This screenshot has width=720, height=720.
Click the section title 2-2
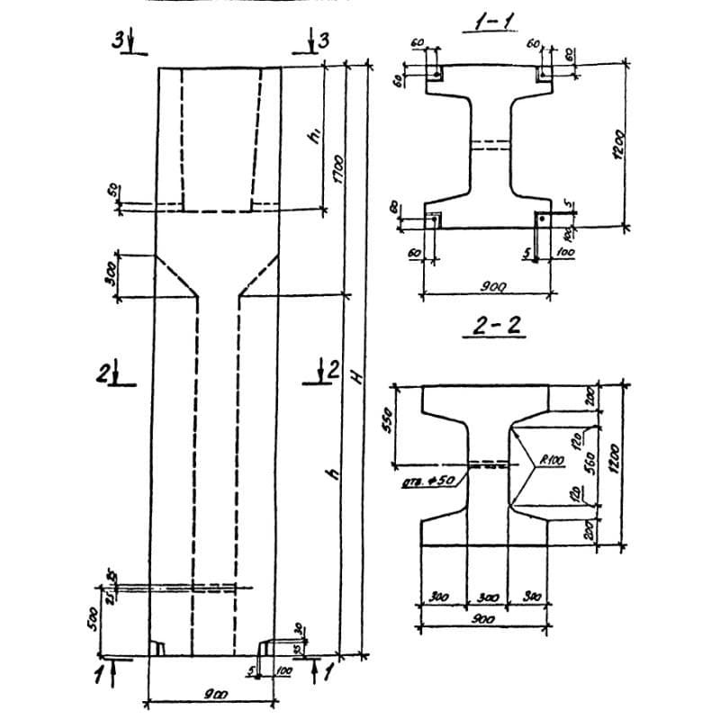(x=492, y=326)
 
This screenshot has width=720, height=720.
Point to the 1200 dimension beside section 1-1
(x=618, y=144)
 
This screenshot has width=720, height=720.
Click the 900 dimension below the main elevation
(x=213, y=694)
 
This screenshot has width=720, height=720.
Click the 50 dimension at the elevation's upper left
(x=112, y=192)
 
